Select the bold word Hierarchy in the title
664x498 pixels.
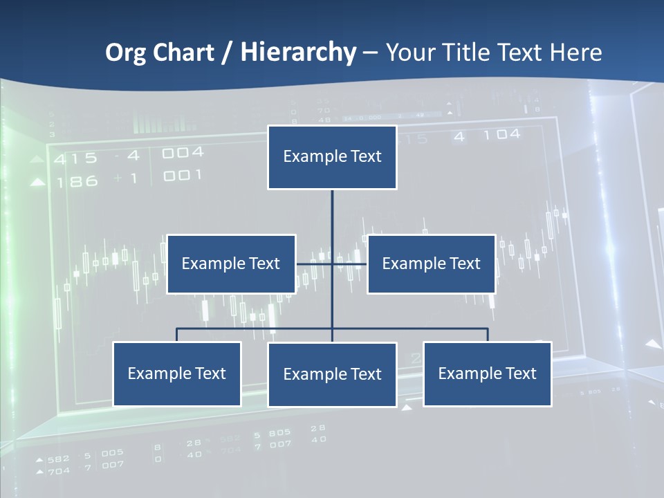click(298, 53)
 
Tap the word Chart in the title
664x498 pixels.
click(185, 53)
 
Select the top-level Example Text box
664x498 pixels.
click(332, 157)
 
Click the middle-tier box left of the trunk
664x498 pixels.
click(231, 264)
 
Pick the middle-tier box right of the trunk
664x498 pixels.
click(431, 264)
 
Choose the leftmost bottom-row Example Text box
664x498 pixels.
click(176, 373)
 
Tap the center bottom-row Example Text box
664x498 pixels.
click(332, 374)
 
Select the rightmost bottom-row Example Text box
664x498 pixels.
click(487, 373)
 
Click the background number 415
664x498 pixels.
click(76, 159)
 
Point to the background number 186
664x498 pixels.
click(77, 182)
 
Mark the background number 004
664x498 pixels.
click(183, 153)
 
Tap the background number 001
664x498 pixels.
click(183, 176)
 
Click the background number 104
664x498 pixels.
click(501, 135)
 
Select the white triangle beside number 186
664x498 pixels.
click(38, 183)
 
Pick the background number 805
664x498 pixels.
click(279, 434)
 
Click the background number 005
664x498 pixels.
click(112, 454)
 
